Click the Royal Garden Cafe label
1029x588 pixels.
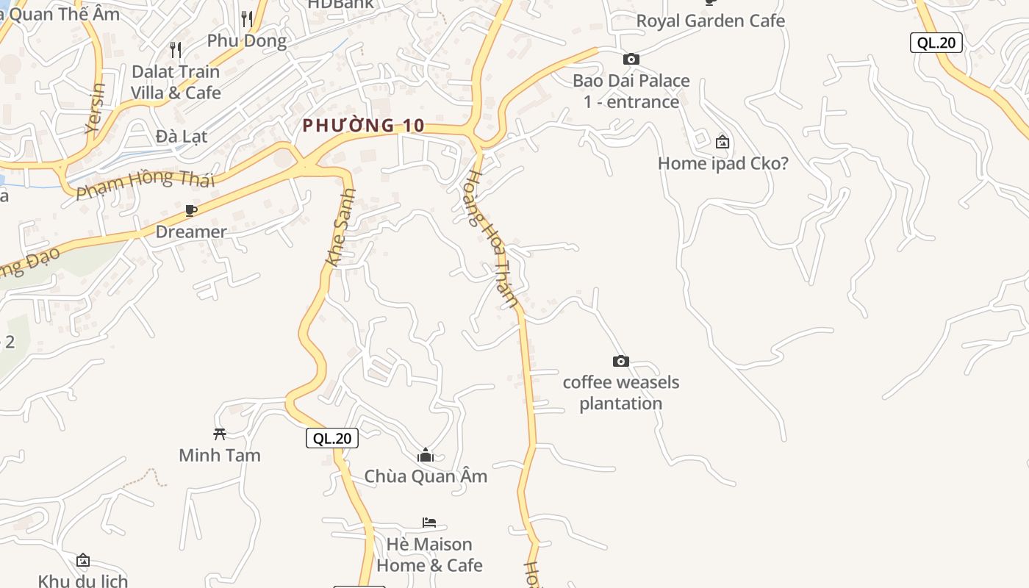click(710, 21)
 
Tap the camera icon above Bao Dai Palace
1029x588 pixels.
click(631, 59)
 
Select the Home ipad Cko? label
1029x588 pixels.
click(723, 163)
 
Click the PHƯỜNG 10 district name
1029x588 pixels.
click(363, 126)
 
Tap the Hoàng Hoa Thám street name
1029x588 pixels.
click(494, 240)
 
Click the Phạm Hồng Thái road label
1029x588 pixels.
click(146, 183)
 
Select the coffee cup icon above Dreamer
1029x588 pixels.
click(191, 211)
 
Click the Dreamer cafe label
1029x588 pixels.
click(191, 232)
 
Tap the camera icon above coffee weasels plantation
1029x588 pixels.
click(621, 361)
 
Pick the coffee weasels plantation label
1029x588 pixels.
click(621, 392)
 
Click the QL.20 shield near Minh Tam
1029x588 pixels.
click(332, 439)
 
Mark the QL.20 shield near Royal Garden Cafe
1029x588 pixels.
click(936, 43)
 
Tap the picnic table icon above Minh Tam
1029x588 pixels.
click(219, 434)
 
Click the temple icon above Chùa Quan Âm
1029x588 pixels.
click(426, 456)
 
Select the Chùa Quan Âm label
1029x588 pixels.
click(426, 476)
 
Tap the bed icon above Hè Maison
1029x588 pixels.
click(429, 523)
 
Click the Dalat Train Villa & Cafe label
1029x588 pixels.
click(176, 82)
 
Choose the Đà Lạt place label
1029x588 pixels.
click(182, 136)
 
